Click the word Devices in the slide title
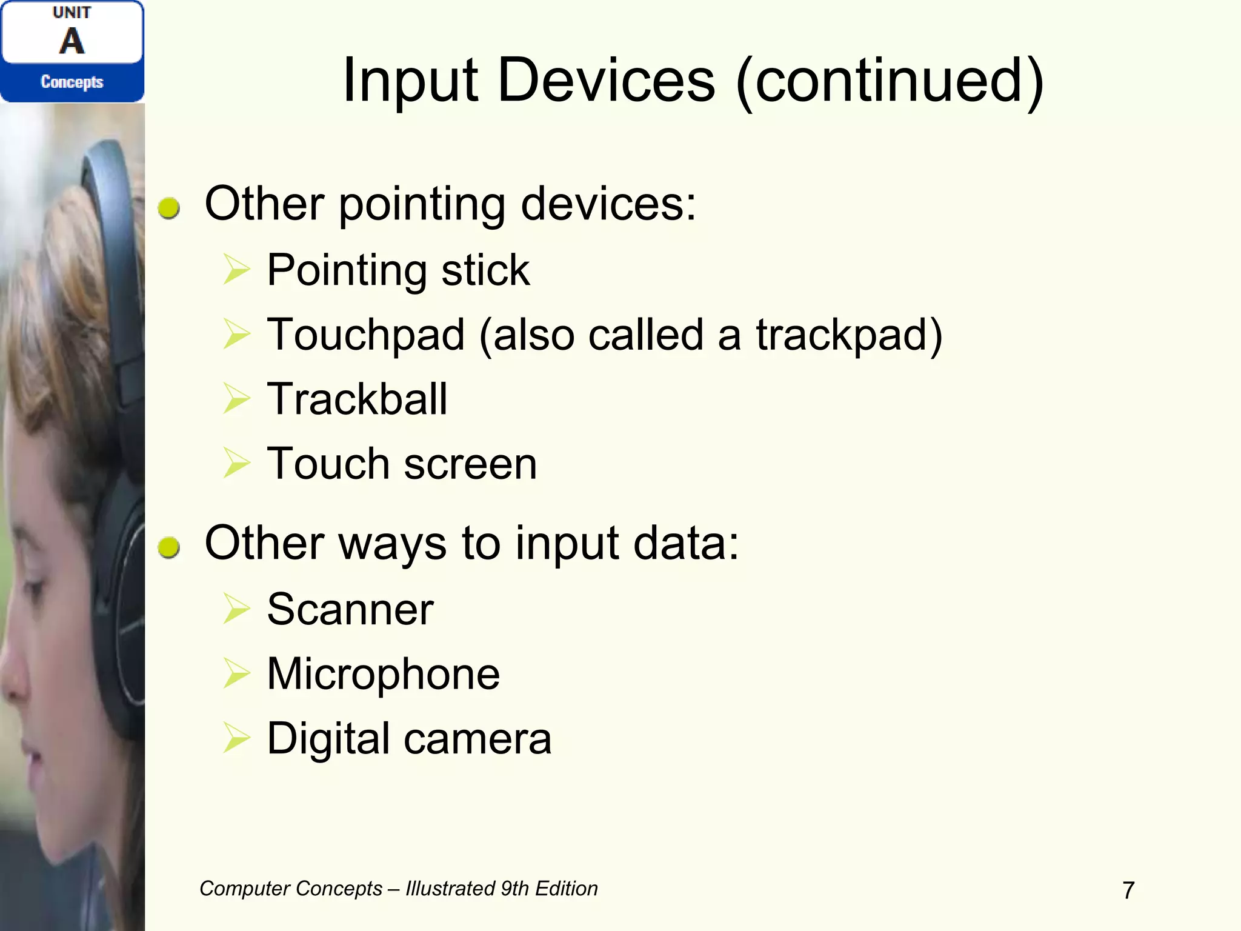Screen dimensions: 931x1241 tap(606, 81)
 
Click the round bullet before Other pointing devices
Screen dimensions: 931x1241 tap(169, 208)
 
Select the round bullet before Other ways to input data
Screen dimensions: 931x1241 tap(169, 547)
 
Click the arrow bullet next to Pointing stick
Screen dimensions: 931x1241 tap(236, 269)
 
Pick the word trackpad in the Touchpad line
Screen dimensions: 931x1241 tap(841, 335)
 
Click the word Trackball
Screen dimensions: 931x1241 tap(357, 399)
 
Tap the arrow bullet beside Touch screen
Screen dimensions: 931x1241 tap(236, 463)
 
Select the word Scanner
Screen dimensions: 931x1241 tap(350, 609)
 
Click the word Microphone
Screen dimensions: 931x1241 tap(384, 674)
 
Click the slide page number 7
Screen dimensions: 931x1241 tap(1128, 890)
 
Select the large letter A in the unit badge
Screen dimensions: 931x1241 tap(72, 41)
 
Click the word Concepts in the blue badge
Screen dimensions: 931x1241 tap(72, 82)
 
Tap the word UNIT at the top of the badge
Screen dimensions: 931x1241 tap(72, 13)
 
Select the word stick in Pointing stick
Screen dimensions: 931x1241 tap(485, 270)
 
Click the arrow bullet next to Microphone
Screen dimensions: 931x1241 tap(236, 673)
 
